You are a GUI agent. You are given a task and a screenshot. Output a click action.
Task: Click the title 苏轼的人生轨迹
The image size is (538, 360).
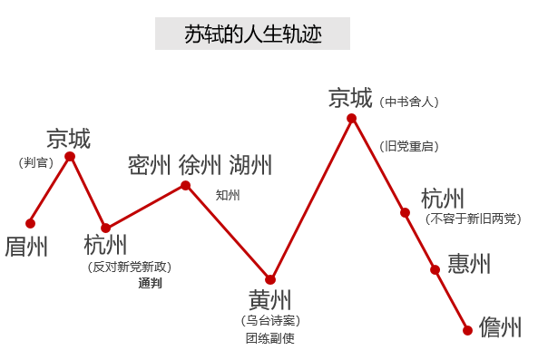[x=252, y=34]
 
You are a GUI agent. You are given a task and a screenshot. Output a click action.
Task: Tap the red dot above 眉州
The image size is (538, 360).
[x=31, y=222]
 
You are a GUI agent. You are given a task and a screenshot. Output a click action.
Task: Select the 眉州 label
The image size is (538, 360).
[x=26, y=246]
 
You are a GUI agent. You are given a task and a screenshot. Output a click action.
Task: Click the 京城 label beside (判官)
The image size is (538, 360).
[x=69, y=139]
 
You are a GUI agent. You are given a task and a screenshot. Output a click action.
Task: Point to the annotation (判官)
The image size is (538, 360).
[x=35, y=162]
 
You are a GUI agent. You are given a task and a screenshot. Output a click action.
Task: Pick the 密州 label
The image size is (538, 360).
[x=150, y=165]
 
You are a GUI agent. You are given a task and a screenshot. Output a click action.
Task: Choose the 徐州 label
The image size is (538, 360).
[x=200, y=165]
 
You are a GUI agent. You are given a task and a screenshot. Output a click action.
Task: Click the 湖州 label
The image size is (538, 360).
[x=250, y=165]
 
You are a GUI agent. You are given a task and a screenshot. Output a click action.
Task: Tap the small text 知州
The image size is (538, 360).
[x=228, y=194]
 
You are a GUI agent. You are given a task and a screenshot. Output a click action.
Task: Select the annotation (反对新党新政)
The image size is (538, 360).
[x=129, y=267]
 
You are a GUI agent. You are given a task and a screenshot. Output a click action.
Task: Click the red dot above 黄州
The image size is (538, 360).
[x=269, y=279]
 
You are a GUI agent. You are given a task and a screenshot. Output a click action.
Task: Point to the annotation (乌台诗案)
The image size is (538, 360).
[x=269, y=320]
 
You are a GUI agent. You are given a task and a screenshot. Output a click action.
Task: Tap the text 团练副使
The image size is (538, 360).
[x=269, y=338]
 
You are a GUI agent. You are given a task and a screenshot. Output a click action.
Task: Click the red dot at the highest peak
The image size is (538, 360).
[x=351, y=118]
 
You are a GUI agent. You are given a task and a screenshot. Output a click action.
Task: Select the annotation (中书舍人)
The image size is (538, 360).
[x=410, y=102]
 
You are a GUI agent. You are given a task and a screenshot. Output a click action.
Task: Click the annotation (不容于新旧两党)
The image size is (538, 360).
[x=473, y=218]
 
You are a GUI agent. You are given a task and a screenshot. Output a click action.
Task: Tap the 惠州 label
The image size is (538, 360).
[x=469, y=264]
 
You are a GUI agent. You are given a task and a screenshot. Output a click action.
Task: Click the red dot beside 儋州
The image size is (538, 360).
[x=467, y=330]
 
